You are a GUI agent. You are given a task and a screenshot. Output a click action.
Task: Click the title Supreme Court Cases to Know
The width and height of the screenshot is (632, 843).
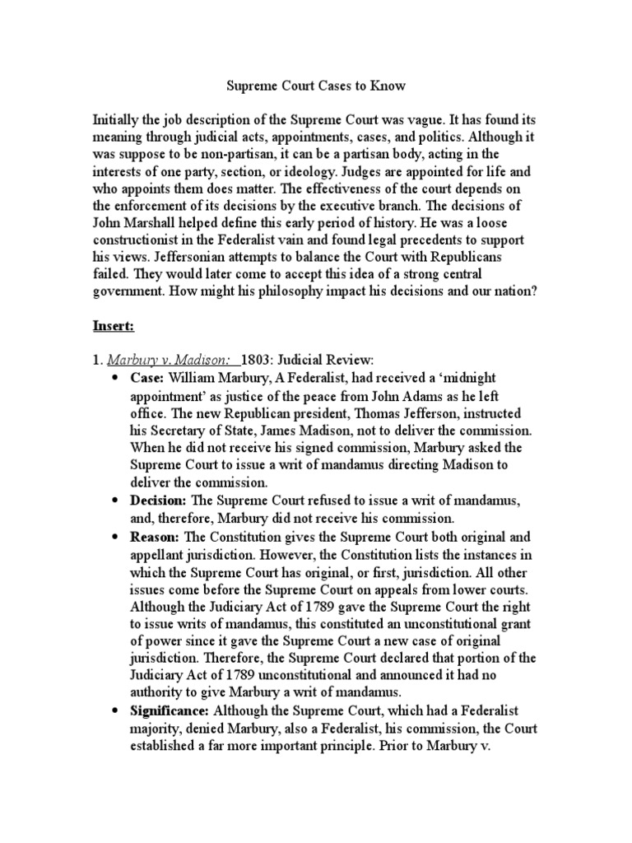316,85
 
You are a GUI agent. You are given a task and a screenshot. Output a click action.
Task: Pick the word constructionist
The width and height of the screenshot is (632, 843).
144,240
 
